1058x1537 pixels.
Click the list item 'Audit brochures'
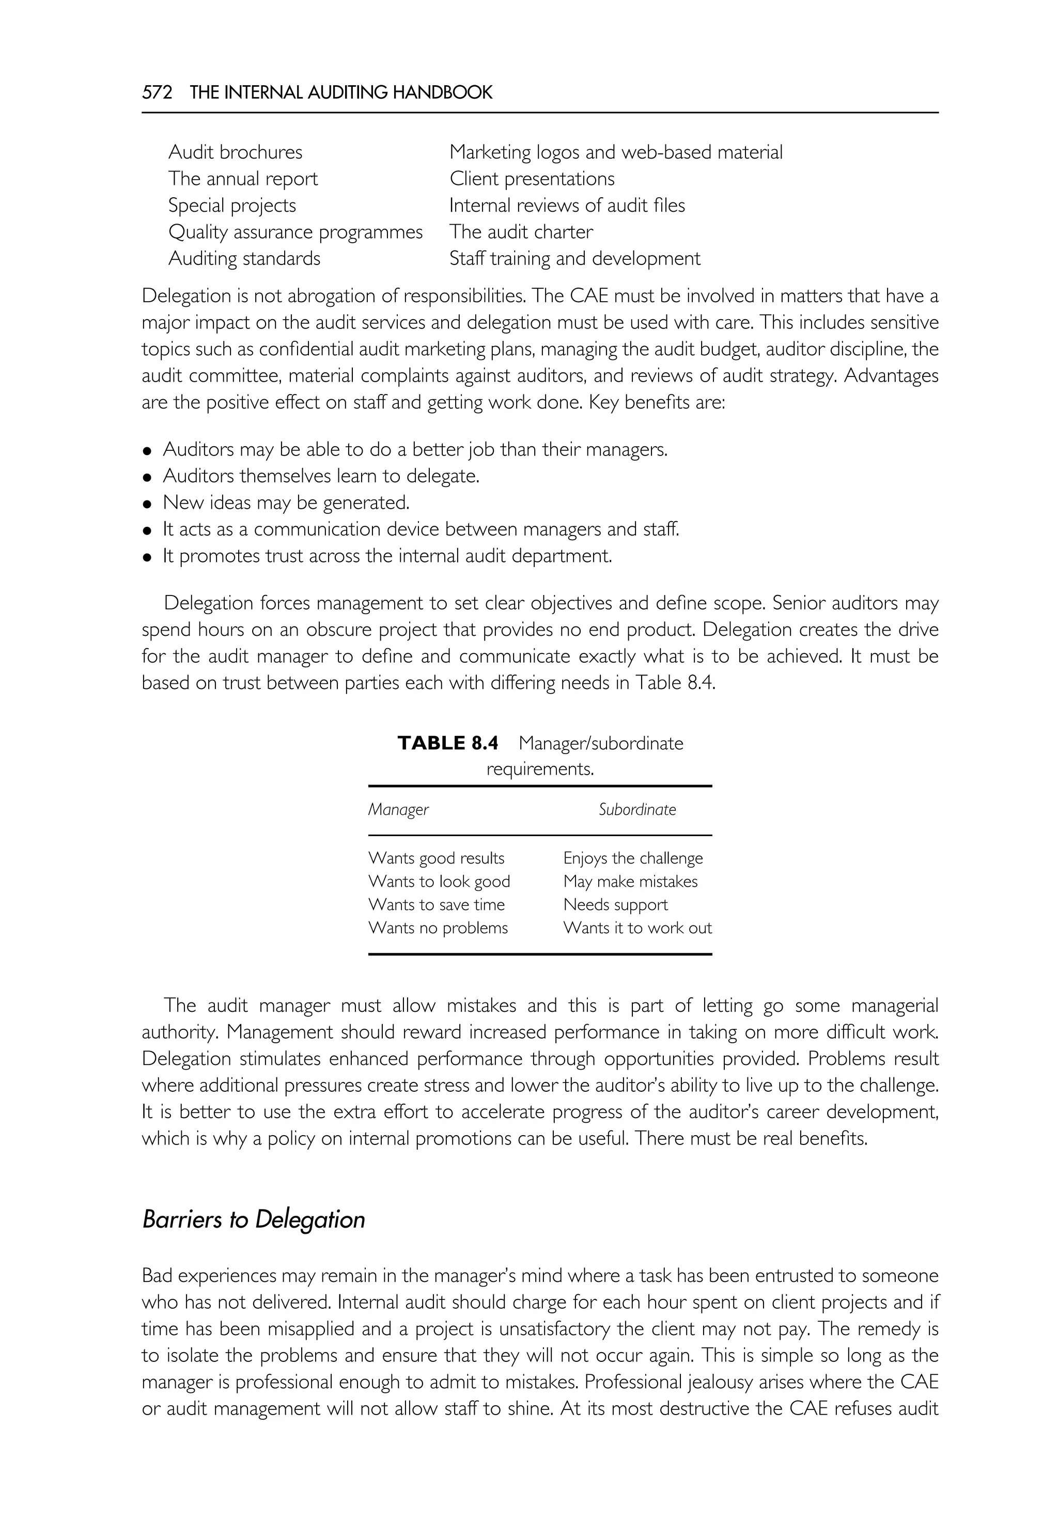tap(236, 152)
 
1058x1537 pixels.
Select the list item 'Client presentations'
tap(532, 179)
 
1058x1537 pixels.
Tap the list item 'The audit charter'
tap(521, 232)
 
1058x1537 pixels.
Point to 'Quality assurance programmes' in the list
tap(295, 232)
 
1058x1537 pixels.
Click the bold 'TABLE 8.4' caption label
tap(448, 743)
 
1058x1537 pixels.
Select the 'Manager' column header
tap(398, 809)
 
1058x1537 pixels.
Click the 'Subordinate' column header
tap(637, 809)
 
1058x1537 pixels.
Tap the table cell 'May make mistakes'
tap(630, 882)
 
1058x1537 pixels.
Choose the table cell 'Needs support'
tap(615, 905)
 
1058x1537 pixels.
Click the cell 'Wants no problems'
tap(438, 928)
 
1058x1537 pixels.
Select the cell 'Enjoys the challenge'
tap(633, 858)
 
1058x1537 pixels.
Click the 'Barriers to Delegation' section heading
tap(254, 1219)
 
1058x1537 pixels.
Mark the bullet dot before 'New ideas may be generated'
tap(148, 504)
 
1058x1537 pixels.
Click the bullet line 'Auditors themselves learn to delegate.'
tap(321, 476)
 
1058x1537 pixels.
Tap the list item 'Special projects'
tap(232, 206)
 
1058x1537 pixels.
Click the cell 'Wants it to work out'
tap(637, 928)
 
